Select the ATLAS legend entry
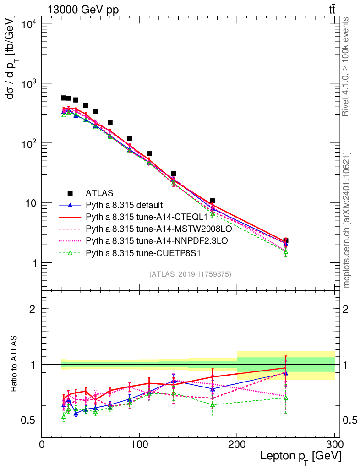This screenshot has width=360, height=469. tap(99, 193)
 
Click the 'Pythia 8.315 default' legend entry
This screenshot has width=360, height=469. tap(124, 205)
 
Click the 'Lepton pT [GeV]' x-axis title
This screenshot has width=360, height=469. tap(300, 456)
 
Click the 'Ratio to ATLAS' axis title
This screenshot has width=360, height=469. tap(15, 364)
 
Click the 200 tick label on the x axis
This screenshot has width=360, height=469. tap(237, 444)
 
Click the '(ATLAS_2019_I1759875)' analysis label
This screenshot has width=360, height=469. tap(191, 274)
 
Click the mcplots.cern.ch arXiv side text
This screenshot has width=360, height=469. tap(346, 220)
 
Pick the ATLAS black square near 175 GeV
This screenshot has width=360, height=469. tap(213, 201)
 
